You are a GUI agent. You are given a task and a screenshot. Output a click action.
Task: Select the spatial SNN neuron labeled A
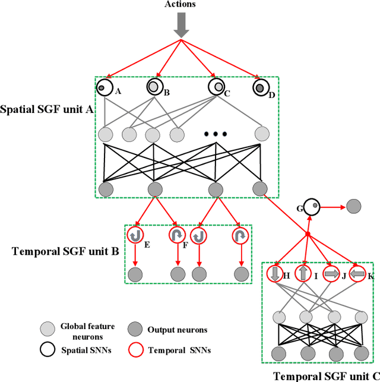[x=103, y=88]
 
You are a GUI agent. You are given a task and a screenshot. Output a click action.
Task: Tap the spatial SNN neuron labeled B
[x=154, y=88]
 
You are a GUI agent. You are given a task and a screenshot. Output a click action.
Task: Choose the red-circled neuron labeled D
[x=259, y=88]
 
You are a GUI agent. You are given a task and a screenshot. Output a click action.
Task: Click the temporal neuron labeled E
[x=136, y=235]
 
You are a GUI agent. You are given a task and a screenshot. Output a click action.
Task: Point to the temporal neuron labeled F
[x=177, y=235]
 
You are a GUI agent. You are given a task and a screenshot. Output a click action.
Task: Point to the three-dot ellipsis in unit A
[x=215, y=134]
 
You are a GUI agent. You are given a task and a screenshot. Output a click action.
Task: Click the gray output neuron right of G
[x=353, y=207]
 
